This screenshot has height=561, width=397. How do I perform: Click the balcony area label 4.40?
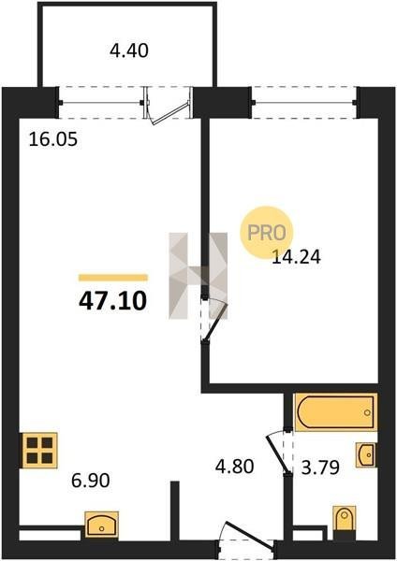click(x=128, y=50)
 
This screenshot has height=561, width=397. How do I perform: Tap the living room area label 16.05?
click(x=53, y=139)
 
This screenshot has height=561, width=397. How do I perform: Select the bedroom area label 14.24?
click(x=296, y=256)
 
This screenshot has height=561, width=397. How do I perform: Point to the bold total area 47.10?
click(x=113, y=300)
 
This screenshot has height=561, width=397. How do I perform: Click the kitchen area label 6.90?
click(x=90, y=481)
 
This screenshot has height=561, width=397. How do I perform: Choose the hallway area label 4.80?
click(x=235, y=467)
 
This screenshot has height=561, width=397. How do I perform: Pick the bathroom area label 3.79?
click(x=320, y=467)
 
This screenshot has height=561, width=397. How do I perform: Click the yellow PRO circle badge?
click(x=267, y=233)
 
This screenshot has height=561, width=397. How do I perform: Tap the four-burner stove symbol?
click(x=39, y=451)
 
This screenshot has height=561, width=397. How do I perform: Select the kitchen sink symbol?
click(x=102, y=525)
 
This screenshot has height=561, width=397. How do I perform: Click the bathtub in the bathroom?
click(x=335, y=412)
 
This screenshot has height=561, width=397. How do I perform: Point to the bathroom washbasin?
click(x=366, y=454)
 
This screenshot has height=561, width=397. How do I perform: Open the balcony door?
click(x=167, y=106)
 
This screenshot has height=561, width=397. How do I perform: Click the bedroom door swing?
click(x=214, y=321)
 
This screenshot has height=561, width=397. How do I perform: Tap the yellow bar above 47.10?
click(x=113, y=278)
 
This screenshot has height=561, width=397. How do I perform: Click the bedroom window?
click(x=304, y=103)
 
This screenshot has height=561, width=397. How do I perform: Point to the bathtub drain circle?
click(x=367, y=412)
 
